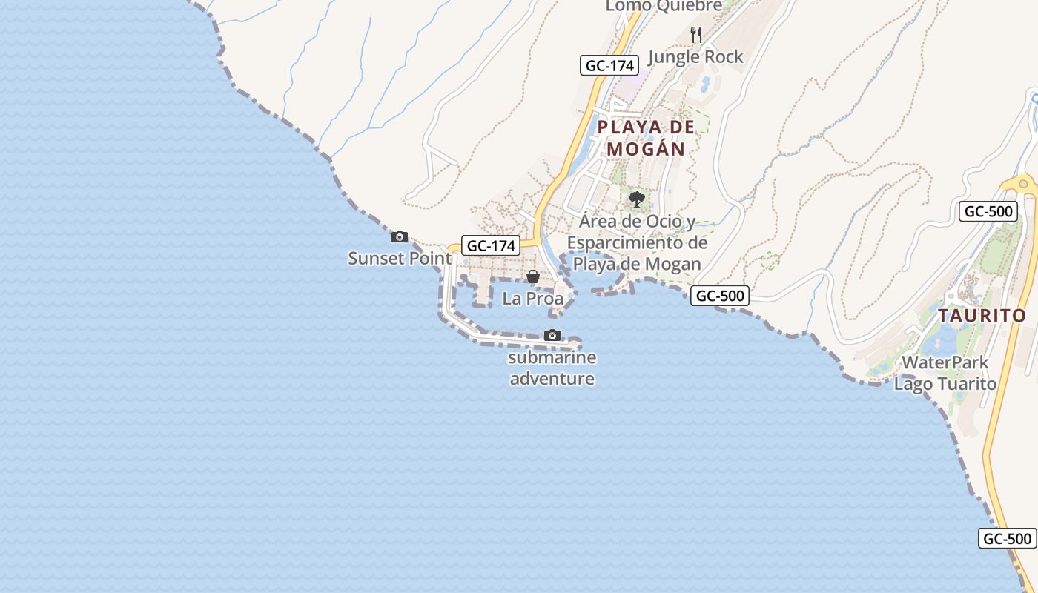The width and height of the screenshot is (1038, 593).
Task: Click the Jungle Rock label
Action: tap(695, 56)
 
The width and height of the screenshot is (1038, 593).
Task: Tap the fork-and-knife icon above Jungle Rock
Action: tap(695, 34)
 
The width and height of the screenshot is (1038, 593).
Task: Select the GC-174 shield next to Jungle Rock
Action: tap(609, 65)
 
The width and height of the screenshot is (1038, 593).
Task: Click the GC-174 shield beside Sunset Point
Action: tap(491, 245)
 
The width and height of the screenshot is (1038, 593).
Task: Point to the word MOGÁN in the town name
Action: tap(646, 149)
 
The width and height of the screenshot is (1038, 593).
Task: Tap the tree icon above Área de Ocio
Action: tap(636, 199)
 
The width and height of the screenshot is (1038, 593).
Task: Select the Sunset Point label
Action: tap(400, 259)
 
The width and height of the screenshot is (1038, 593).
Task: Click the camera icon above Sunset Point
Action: tap(400, 237)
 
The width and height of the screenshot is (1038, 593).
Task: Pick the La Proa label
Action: tap(532, 299)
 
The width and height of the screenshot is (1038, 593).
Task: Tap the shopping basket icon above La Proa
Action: tap(532, 276)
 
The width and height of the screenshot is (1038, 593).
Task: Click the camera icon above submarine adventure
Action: tap(552, 336)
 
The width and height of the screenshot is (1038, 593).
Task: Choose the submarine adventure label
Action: tap(552, 368)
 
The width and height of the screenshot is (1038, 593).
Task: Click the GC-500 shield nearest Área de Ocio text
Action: tap(720, 296)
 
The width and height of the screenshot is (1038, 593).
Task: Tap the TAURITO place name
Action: tap(982, 316)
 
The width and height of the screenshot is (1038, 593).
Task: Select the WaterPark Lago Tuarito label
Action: tap(945, 373)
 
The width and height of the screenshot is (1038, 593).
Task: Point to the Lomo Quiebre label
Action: tap(664, 6)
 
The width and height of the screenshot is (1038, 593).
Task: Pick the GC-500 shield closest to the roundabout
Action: tap(988, 211)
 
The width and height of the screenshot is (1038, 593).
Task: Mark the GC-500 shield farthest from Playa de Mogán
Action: tap(1008, 538)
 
